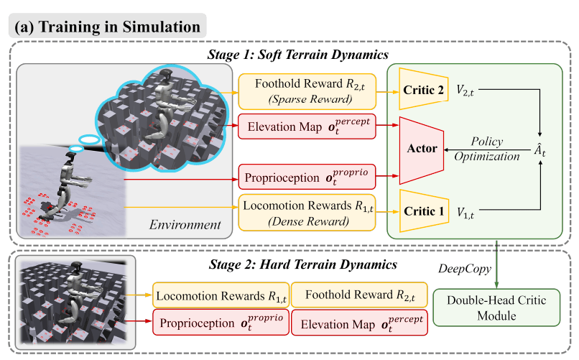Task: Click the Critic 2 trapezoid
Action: point(424,88)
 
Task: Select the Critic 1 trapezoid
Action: point(424,211)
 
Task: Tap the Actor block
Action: point(422,150)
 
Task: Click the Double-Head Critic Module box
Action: point(496,308)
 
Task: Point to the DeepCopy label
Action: point(465,269)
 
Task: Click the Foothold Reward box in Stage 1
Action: point(307,91)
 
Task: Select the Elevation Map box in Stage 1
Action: point(307,126)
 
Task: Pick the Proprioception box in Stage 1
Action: point(307,177)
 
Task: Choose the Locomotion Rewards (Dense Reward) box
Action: point(307,213)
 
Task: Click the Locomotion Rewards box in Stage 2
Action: point(221,295)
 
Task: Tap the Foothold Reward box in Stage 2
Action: point(359,295)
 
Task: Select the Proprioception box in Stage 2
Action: point(221,323)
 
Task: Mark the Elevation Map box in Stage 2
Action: point(359,323)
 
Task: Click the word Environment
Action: point(185,224)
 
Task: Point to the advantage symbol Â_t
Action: point(540,149)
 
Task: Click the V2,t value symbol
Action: point(465,90)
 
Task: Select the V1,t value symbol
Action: point(465,213)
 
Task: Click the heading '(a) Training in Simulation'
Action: point(107,27)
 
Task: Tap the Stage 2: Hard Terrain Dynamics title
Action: point(303,264)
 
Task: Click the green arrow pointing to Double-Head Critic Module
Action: point(496,264)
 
